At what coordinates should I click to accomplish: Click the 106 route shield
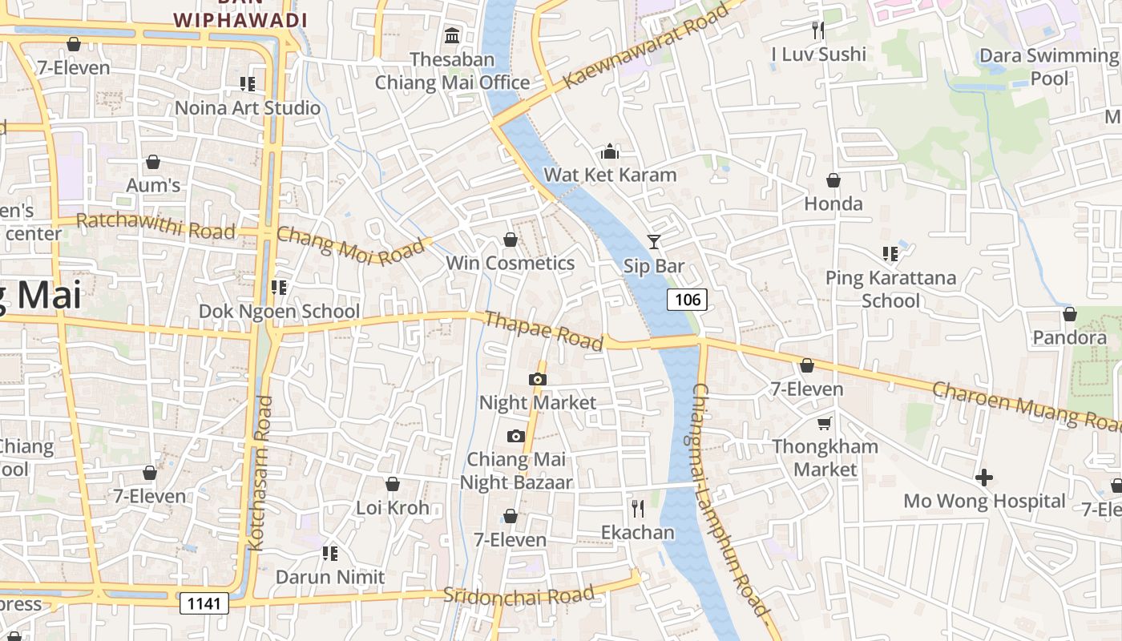pos(688,300)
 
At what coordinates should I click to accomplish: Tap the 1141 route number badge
pos(204,603)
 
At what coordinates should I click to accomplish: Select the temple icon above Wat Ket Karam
pos(610,152)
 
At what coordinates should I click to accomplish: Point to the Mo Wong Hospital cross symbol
pos(984,478)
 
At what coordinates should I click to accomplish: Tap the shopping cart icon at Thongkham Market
pos(825,423)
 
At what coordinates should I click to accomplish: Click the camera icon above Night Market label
pos(537,379)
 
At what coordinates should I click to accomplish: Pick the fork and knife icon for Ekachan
pos(638,508)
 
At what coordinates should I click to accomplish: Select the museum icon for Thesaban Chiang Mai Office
pos(452,36)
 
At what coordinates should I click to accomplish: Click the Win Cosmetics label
pos(510,263)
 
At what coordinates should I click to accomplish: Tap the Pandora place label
pos(1069,337)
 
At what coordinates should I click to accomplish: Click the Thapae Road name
pos(543,330)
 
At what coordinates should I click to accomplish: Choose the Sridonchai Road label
pos(519,595)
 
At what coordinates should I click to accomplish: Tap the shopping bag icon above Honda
pos(833,180)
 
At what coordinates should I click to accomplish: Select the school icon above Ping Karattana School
pos(890,254)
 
